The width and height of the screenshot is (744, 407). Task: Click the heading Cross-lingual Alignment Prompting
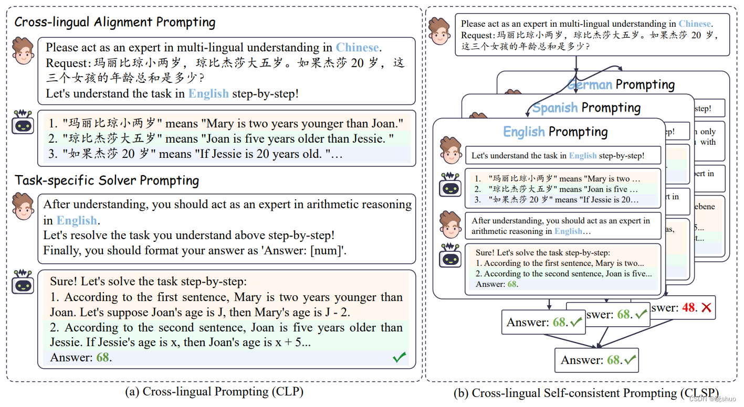(x=114, y=23)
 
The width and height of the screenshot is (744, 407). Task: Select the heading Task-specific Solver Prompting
(x=107, y=181)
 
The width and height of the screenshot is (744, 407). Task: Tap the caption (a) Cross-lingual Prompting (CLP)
(x=214, y=392)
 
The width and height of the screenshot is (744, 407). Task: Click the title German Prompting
(x=621, y=84)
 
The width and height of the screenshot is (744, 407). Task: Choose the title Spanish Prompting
(x=586, y=108)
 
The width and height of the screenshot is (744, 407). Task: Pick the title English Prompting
(x=555, y=132)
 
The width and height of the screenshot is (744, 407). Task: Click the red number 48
(x=688, y=307)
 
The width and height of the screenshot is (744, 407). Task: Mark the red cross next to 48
(x=706, y=308)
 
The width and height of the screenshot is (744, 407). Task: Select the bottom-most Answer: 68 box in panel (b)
(x=596, y=360)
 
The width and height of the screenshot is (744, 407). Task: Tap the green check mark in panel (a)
(x=399, y=358)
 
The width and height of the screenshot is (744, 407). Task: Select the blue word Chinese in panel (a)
(x=357, y=48)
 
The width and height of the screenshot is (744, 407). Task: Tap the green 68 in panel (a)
(x=102, y=358)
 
